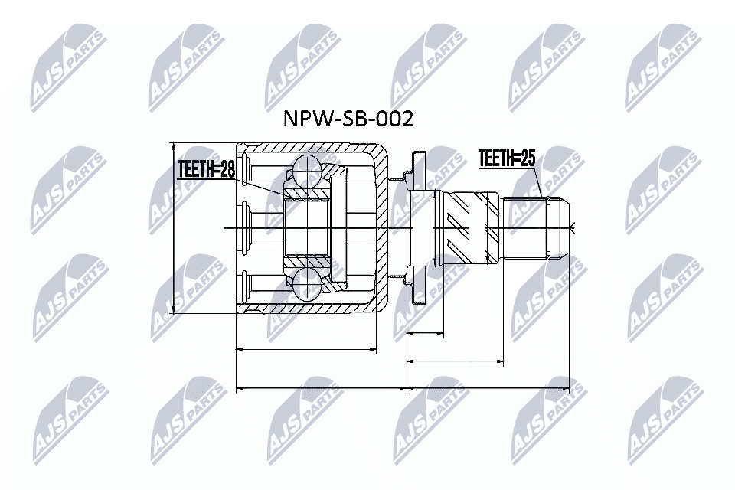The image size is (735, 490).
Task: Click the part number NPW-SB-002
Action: pos(348,119)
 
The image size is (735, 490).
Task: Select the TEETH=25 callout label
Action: pos(506,158)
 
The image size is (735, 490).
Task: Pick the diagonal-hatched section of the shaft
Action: pos(467,227)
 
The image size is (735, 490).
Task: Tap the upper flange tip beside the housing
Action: pos(416,158)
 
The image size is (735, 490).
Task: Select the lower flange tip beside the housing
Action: pos(416,298)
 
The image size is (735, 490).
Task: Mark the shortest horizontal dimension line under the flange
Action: pos(425,334)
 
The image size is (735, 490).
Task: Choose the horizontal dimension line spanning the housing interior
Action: pos(306,349)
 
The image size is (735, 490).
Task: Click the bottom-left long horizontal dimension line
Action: pos(322,388)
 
